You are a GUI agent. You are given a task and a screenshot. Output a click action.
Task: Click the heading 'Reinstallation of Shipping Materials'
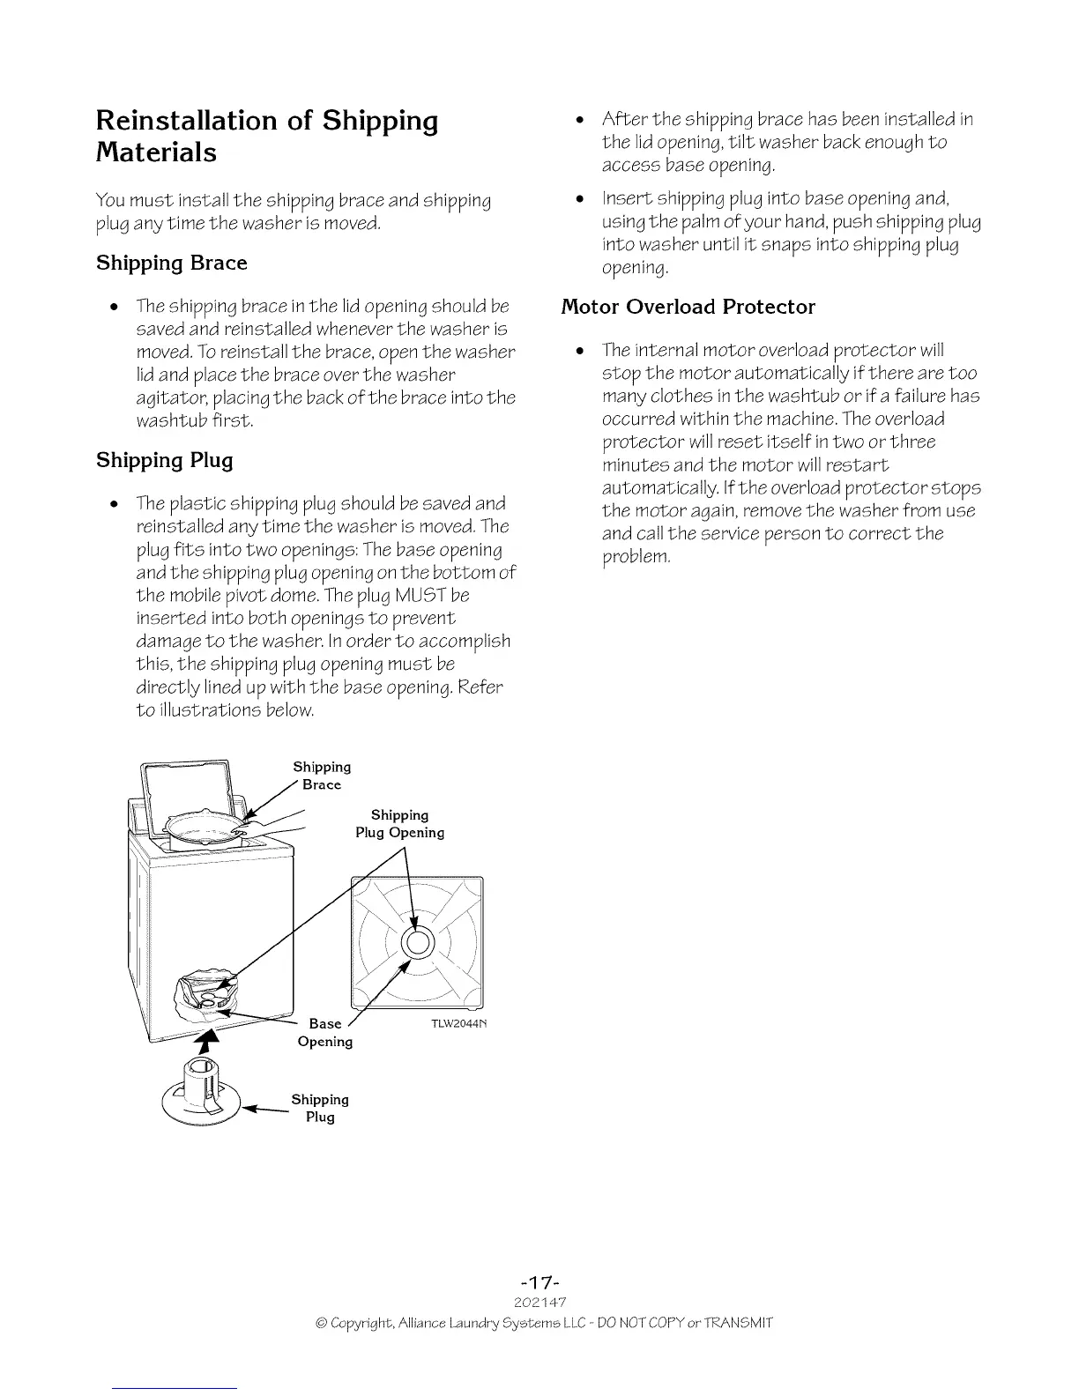(x=266, y=136)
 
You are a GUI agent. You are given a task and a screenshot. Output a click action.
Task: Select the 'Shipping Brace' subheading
(x=171, y=263)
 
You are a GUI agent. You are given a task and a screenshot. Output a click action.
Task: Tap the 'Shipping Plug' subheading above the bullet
(x=164, y=460)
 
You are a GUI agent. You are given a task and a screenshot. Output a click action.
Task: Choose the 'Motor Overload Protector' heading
(x=688, y=307)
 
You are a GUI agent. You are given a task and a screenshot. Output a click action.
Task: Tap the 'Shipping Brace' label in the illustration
(x=322, y=776)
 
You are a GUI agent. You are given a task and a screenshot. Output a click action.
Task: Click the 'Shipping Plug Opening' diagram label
(x=399, y=824)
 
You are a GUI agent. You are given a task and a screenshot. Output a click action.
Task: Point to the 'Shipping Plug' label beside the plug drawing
(x=320, y=1108)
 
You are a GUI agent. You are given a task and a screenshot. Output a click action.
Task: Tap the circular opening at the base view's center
(x=418, y=942)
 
